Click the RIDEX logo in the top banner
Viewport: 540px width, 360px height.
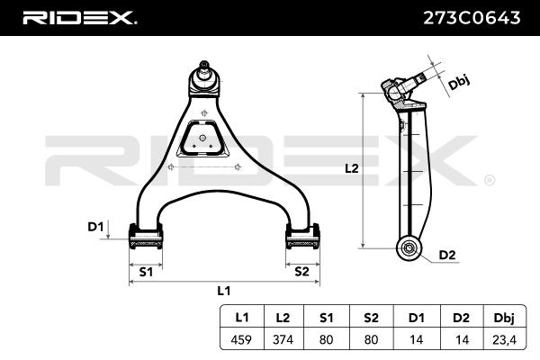79,18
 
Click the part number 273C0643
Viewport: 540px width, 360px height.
472,18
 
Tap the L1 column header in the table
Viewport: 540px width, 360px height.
242,318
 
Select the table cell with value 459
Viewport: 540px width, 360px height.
241,339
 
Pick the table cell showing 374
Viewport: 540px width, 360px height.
283,339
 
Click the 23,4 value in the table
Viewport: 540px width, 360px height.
504,339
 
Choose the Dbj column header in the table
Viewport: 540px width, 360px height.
504,318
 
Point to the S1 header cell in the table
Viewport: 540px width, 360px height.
326,318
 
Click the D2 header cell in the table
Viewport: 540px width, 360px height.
461,318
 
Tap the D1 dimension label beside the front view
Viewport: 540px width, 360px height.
95,227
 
